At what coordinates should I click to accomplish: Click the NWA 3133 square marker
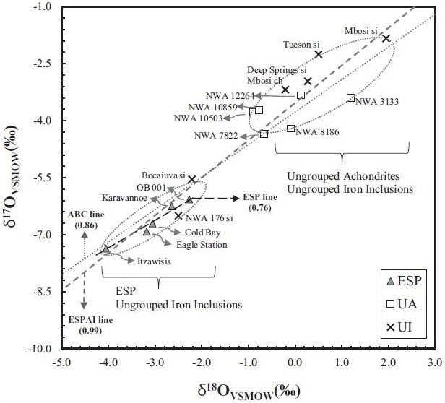pyautogui.click(x=350, y=97)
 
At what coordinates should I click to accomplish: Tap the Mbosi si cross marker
pyautogui.click(x=386, y=38)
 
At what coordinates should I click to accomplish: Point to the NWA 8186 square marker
pyautogui.click(x=290, y=129)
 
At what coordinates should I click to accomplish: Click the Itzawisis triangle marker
pyautogui.click(x=106, y=248)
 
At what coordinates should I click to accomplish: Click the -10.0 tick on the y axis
pyautogui.click(x=44, y=348)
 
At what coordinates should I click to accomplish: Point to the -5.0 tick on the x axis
pyautogui.click(x=63, y=362)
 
